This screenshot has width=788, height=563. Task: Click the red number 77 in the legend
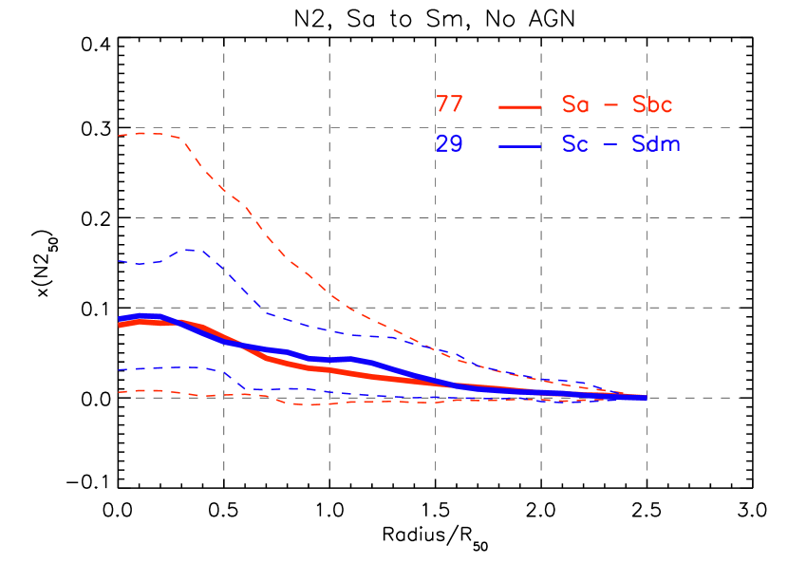(449, 104)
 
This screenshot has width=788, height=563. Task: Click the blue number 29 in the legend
(449, 144)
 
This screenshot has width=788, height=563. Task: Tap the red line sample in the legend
(519, 106)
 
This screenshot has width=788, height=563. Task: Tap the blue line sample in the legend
(519, 146)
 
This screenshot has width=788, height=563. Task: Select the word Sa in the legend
(574, 104)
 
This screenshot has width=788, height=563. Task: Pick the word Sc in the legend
(574, 144)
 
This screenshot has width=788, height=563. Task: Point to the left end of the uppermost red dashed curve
(119, 136)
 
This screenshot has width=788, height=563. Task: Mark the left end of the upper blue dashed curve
(119, 261)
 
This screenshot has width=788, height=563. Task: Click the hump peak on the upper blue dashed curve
(191, 250)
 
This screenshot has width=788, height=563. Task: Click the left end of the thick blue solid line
(120, 318)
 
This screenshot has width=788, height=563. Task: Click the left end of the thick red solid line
(120, 326)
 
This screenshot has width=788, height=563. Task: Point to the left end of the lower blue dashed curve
(119, 369)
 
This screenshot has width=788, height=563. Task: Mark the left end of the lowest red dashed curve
(119, 392)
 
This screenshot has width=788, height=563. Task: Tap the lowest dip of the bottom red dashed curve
(309, 405)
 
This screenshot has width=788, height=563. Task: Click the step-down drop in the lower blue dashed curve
(235, 381)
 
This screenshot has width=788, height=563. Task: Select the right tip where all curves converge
(645, 398)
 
